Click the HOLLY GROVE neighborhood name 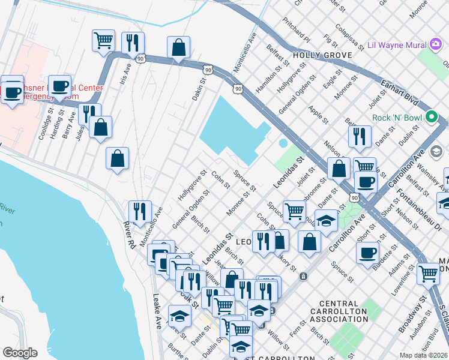tap(318, 55)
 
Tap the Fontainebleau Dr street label tap(418, 212)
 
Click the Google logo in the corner tap(20, 353)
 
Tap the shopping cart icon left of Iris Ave tap(103, 40)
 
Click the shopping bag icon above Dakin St tap(178, 47)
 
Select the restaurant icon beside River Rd tap(139, 211)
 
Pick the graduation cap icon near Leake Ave tap(179, 315)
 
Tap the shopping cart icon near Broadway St tap(428, 273)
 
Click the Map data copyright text tap(424, 355)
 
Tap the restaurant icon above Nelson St tap(359, 136)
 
